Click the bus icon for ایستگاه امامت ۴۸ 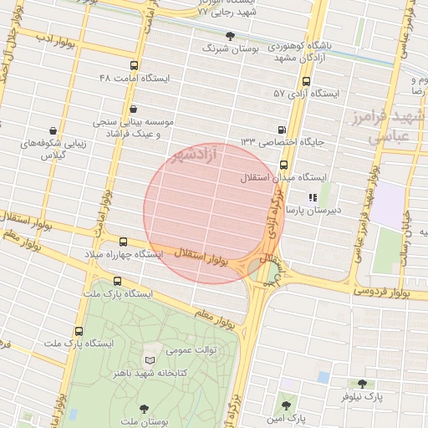[x=135, y=65]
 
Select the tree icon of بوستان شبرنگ [x=231, y=37]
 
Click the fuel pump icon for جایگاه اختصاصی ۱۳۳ [x=280, y=130]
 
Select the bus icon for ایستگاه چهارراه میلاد [x=124, y=241]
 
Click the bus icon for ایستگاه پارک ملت [x=79, y=332]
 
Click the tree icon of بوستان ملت [x=145, y=406]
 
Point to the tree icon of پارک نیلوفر [x=361, y=384]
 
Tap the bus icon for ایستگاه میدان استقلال [x=283, y=165]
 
